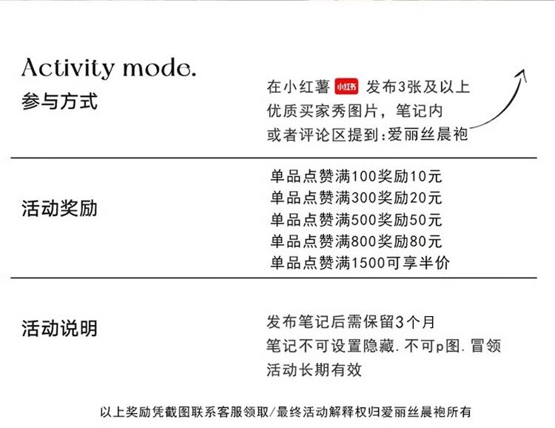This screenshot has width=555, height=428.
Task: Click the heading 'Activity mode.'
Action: tap(109, 69)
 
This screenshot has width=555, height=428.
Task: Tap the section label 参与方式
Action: tap(59, 101)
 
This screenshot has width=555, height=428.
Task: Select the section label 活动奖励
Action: tap(59, 209)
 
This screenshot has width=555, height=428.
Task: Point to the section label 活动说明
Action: tap(59, 328)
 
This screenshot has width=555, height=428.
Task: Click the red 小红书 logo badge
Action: tap(346, 87)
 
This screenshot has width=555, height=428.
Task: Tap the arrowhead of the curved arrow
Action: tap(521, 73)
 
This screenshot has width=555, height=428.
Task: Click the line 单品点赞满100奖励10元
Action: tap(356, 178)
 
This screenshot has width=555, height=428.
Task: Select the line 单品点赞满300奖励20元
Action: tap(356, 198)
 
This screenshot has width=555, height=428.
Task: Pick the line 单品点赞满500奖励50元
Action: tap(356, 220)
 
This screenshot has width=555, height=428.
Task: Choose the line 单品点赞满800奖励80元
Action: tap(356, 241)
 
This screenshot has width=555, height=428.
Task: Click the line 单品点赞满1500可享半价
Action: tap(360, 263)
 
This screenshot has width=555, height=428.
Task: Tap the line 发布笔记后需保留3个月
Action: tap(351, 322)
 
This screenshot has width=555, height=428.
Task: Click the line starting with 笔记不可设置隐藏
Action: tap(384, 346)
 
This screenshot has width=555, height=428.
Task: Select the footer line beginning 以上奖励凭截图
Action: tap(285, 412)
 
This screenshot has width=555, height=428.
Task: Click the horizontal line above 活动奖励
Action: tap(277, 158)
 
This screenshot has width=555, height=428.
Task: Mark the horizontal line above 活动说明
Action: tap(277, 278)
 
